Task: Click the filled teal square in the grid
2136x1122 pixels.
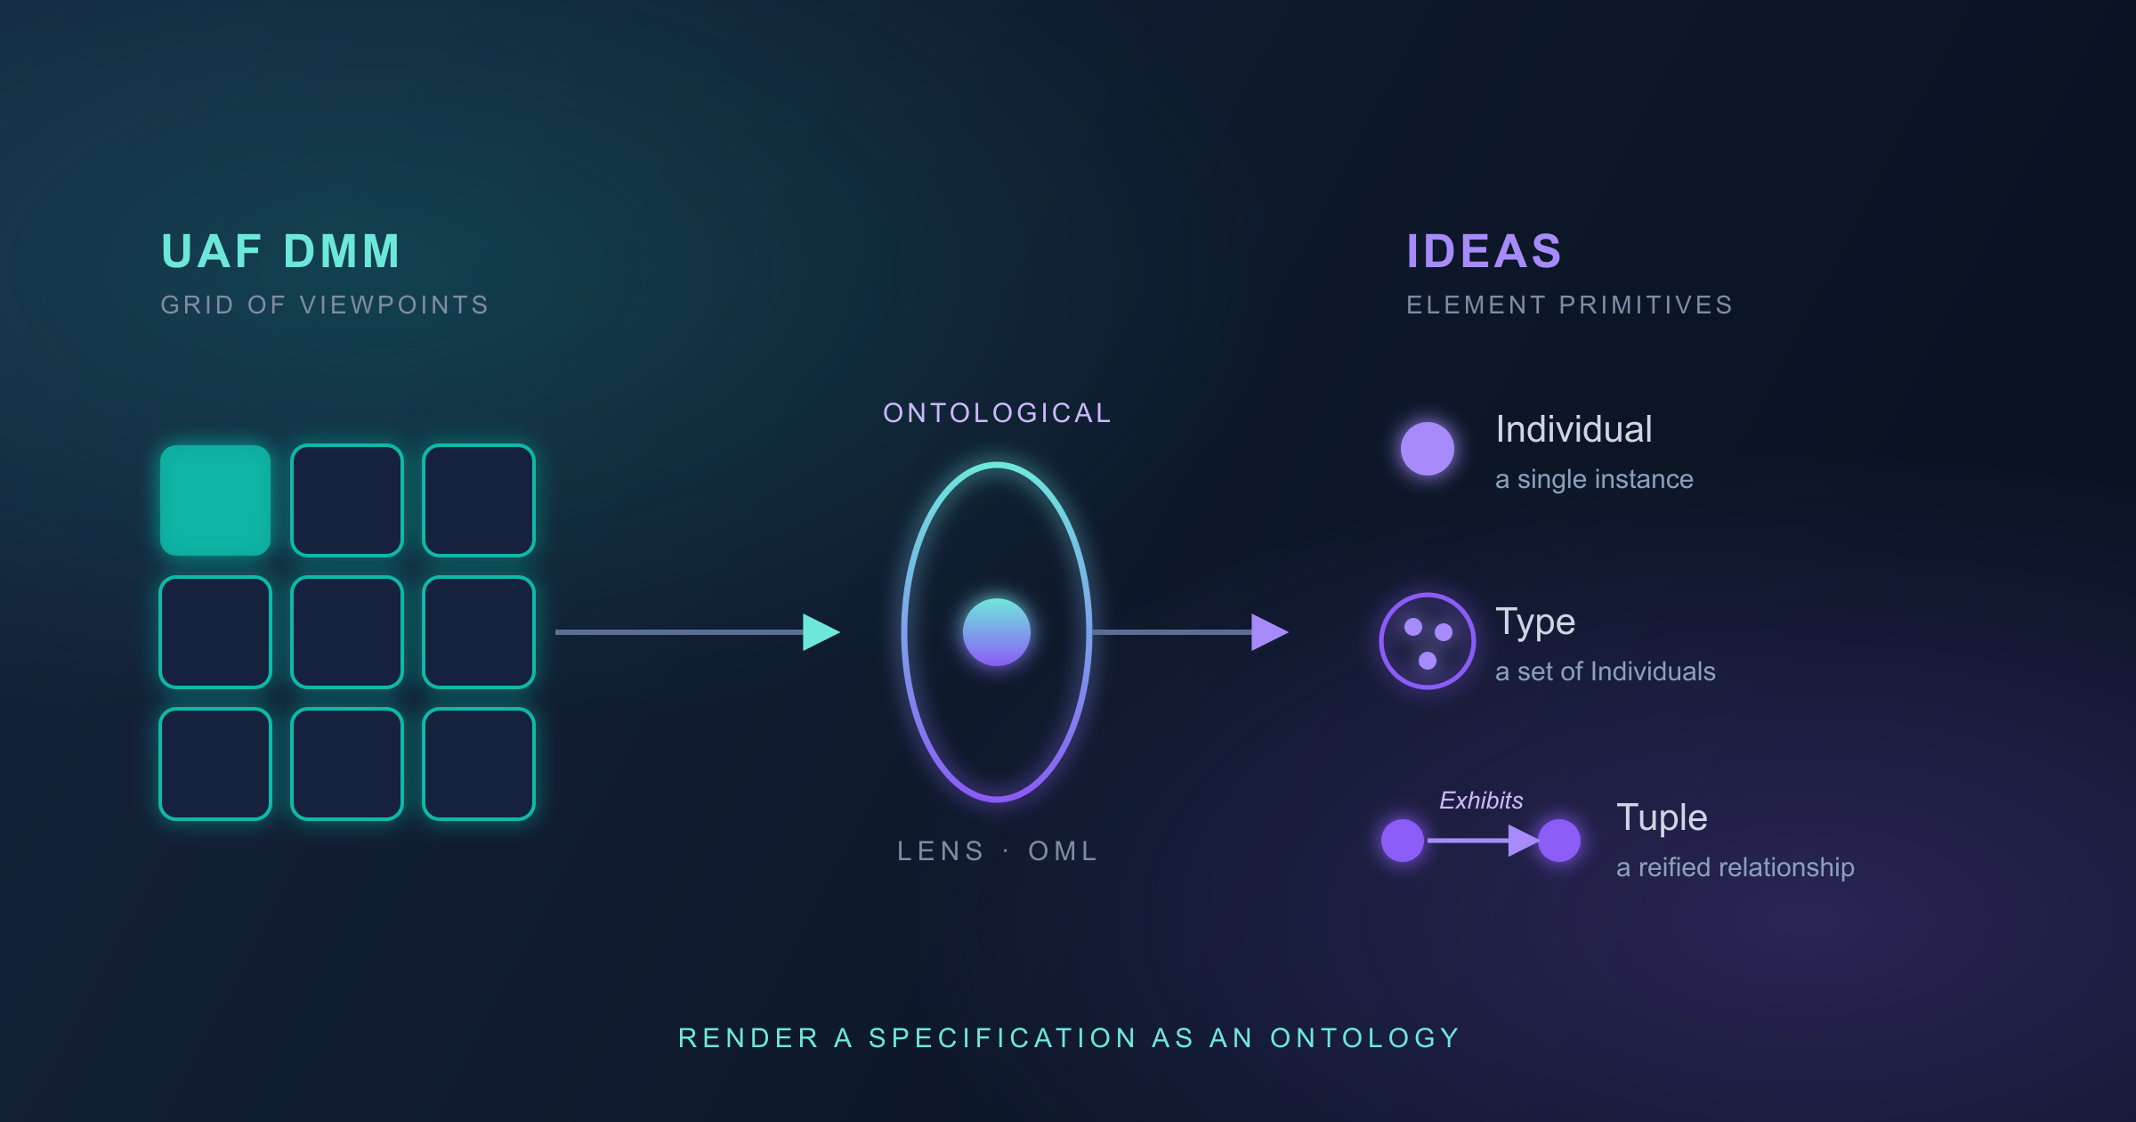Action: [x=215, y=500]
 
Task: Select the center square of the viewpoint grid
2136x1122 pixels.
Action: [x=347, y=632]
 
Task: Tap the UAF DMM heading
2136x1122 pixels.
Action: [x=281, y=251]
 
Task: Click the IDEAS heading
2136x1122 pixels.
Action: [x=1484, y=251]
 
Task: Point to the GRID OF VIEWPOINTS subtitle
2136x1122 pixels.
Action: [x=325, y=305]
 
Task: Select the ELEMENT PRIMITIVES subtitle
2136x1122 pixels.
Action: [x=1570, y=305]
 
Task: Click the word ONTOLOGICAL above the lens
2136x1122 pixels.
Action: [x=998, y=413]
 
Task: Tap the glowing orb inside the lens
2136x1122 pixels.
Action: [x=997, y=632]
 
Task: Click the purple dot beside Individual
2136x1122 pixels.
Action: [x=1428, y=449]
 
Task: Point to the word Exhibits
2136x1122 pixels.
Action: [x=1481, y=801]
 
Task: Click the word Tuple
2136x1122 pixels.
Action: [x=1662, y=818]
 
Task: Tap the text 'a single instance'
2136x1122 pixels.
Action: [x=1594, y=479]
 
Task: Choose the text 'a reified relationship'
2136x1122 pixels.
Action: [x=1735, y=867]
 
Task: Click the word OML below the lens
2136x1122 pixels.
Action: [x=1064, y=851]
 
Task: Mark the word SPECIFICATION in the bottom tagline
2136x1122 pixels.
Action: [x=1003, y=1038]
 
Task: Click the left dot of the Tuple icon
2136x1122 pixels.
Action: [x=1403, y=841]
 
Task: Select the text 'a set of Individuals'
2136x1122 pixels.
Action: [x=1606, y=671]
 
